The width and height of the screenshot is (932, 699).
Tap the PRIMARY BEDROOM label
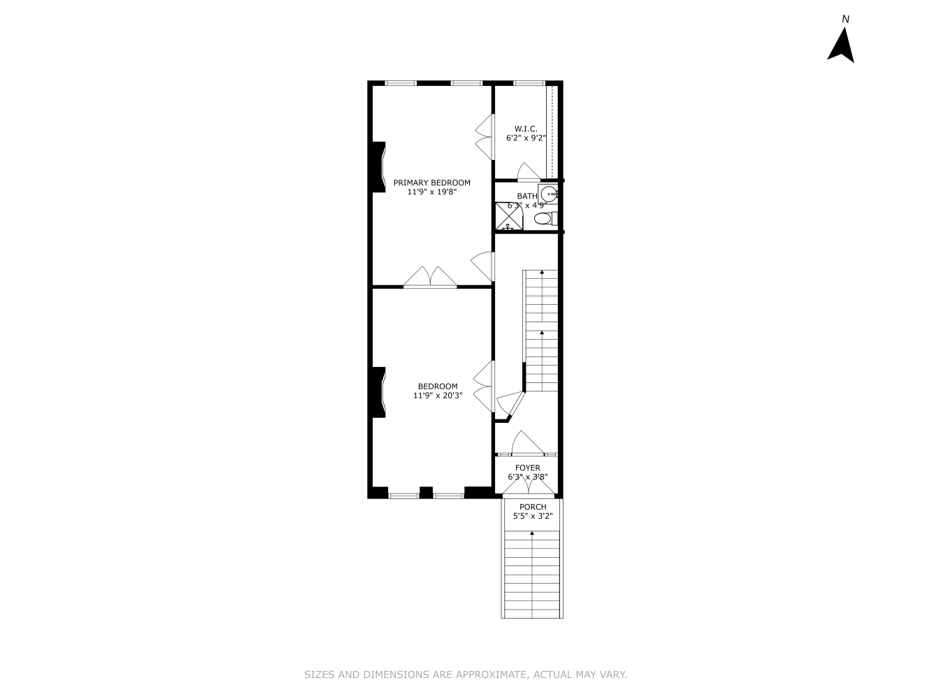click(431, 182)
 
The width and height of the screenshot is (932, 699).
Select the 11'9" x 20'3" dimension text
click(438, 396)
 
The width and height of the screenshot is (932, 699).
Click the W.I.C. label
click(526, 129)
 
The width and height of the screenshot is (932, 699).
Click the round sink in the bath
click(551, 194)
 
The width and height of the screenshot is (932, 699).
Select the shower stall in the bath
click(509, 216)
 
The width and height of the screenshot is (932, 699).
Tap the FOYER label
click(527, 468)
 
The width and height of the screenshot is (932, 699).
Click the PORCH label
click(533, 507)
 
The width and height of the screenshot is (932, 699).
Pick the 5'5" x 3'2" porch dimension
click(533, 517)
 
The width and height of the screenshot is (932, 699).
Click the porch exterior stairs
click(532, 573)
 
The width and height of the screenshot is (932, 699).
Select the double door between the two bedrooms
click(431, 278)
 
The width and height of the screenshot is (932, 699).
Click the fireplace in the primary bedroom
click(378, 166)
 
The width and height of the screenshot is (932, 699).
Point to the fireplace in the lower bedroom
click(378, 392)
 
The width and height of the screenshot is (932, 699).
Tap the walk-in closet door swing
click(529, 171)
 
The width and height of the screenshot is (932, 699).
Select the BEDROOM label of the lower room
click(438, 386)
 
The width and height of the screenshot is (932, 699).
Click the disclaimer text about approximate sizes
click(466, 675)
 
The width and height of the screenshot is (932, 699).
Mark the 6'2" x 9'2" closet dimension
click(526, 138)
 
